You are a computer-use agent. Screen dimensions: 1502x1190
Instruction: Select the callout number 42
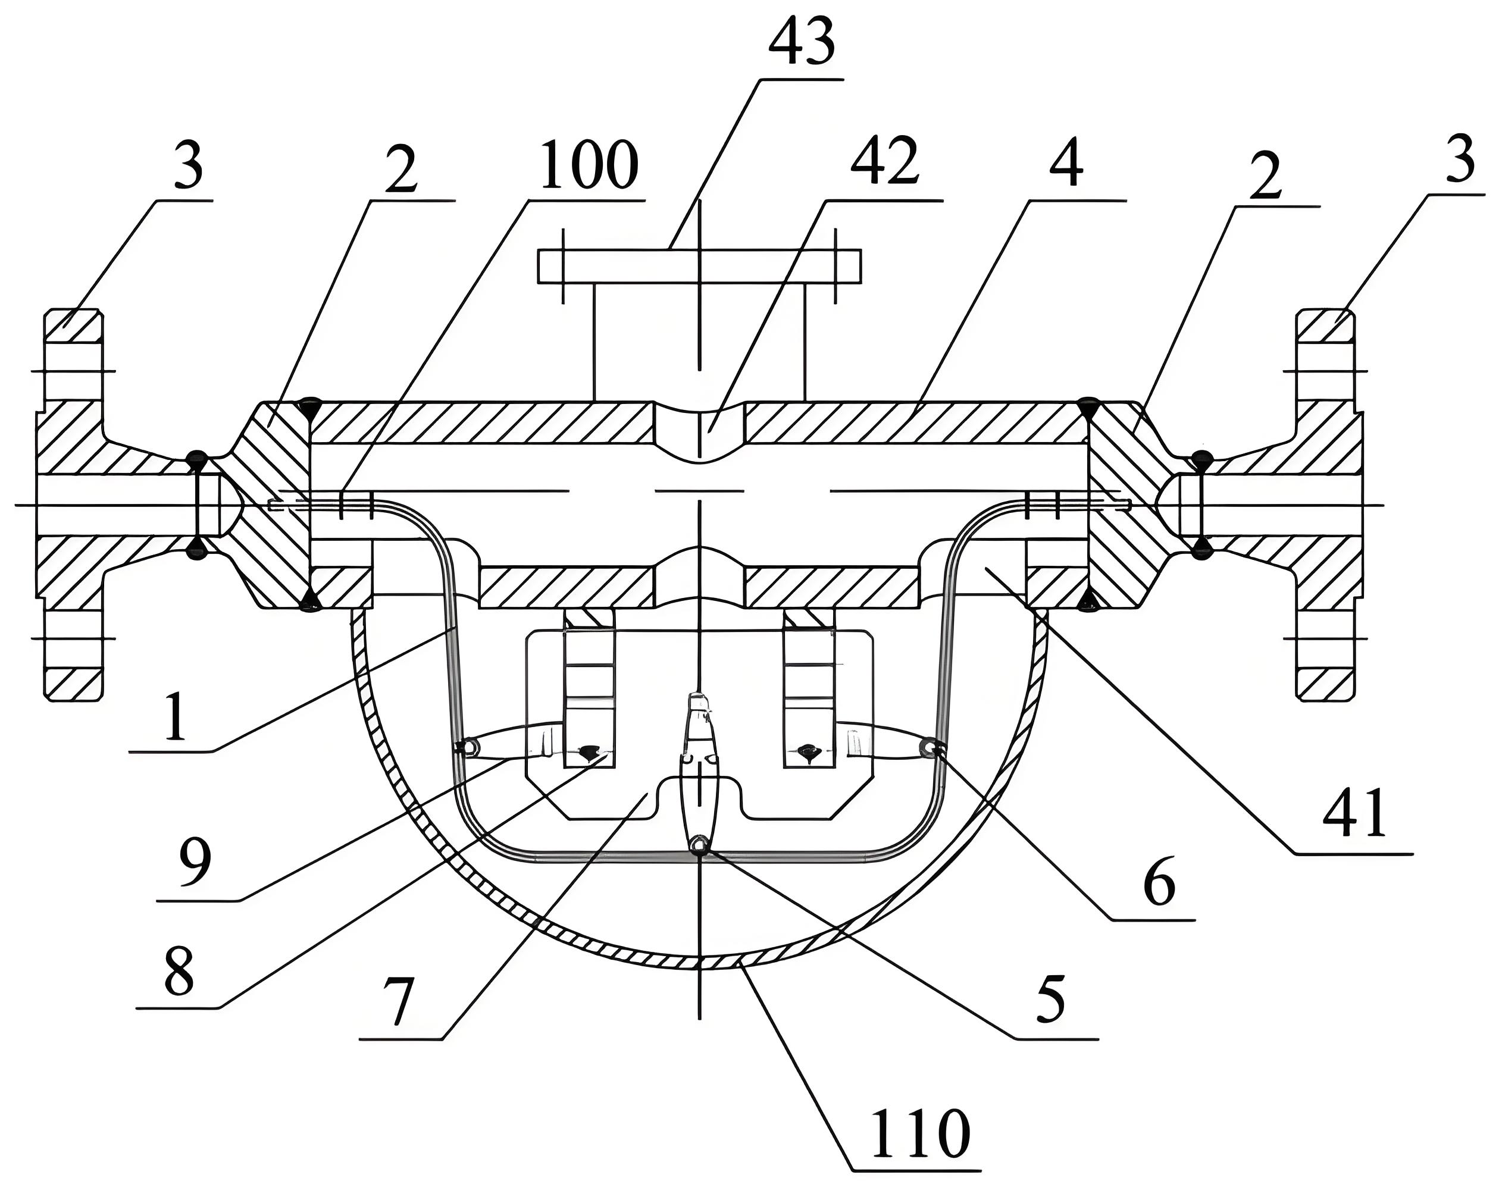click(x=884, y=165)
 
